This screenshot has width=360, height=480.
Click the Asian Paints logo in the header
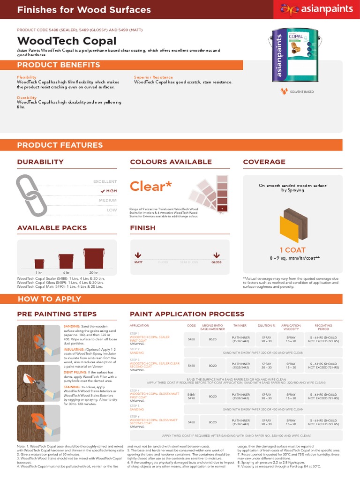pyautogui.click(x=316, y=9)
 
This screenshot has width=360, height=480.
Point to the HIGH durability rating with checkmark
pyautogui.click(x=109, y=191)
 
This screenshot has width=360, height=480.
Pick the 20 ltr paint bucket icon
pyautogui.click(x=93, y=258)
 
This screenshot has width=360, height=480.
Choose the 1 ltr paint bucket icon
pyautogui.click(x=39, y=263)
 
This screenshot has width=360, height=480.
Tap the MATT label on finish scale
pyautogui.click(x=138, y=262)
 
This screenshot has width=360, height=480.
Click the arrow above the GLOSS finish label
pyautogui.click(x=216, y=255)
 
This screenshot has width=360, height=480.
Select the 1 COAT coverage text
pyautogui.click(x=292, y=250)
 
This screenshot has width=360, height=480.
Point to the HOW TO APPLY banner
pyautogui.click(x=49, y=299)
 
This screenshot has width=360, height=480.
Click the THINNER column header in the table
pyautogui.click(x=240, y=325)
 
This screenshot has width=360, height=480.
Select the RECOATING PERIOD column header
pyautogui.click(x=323, y=327)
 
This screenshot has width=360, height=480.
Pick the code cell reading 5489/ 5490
pyautogui.click(x=191, y=397)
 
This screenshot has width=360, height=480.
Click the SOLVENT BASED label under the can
pyautogui.click(x=302, y=92)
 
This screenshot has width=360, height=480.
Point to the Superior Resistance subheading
pyautogui.click(x=153, y=77)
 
